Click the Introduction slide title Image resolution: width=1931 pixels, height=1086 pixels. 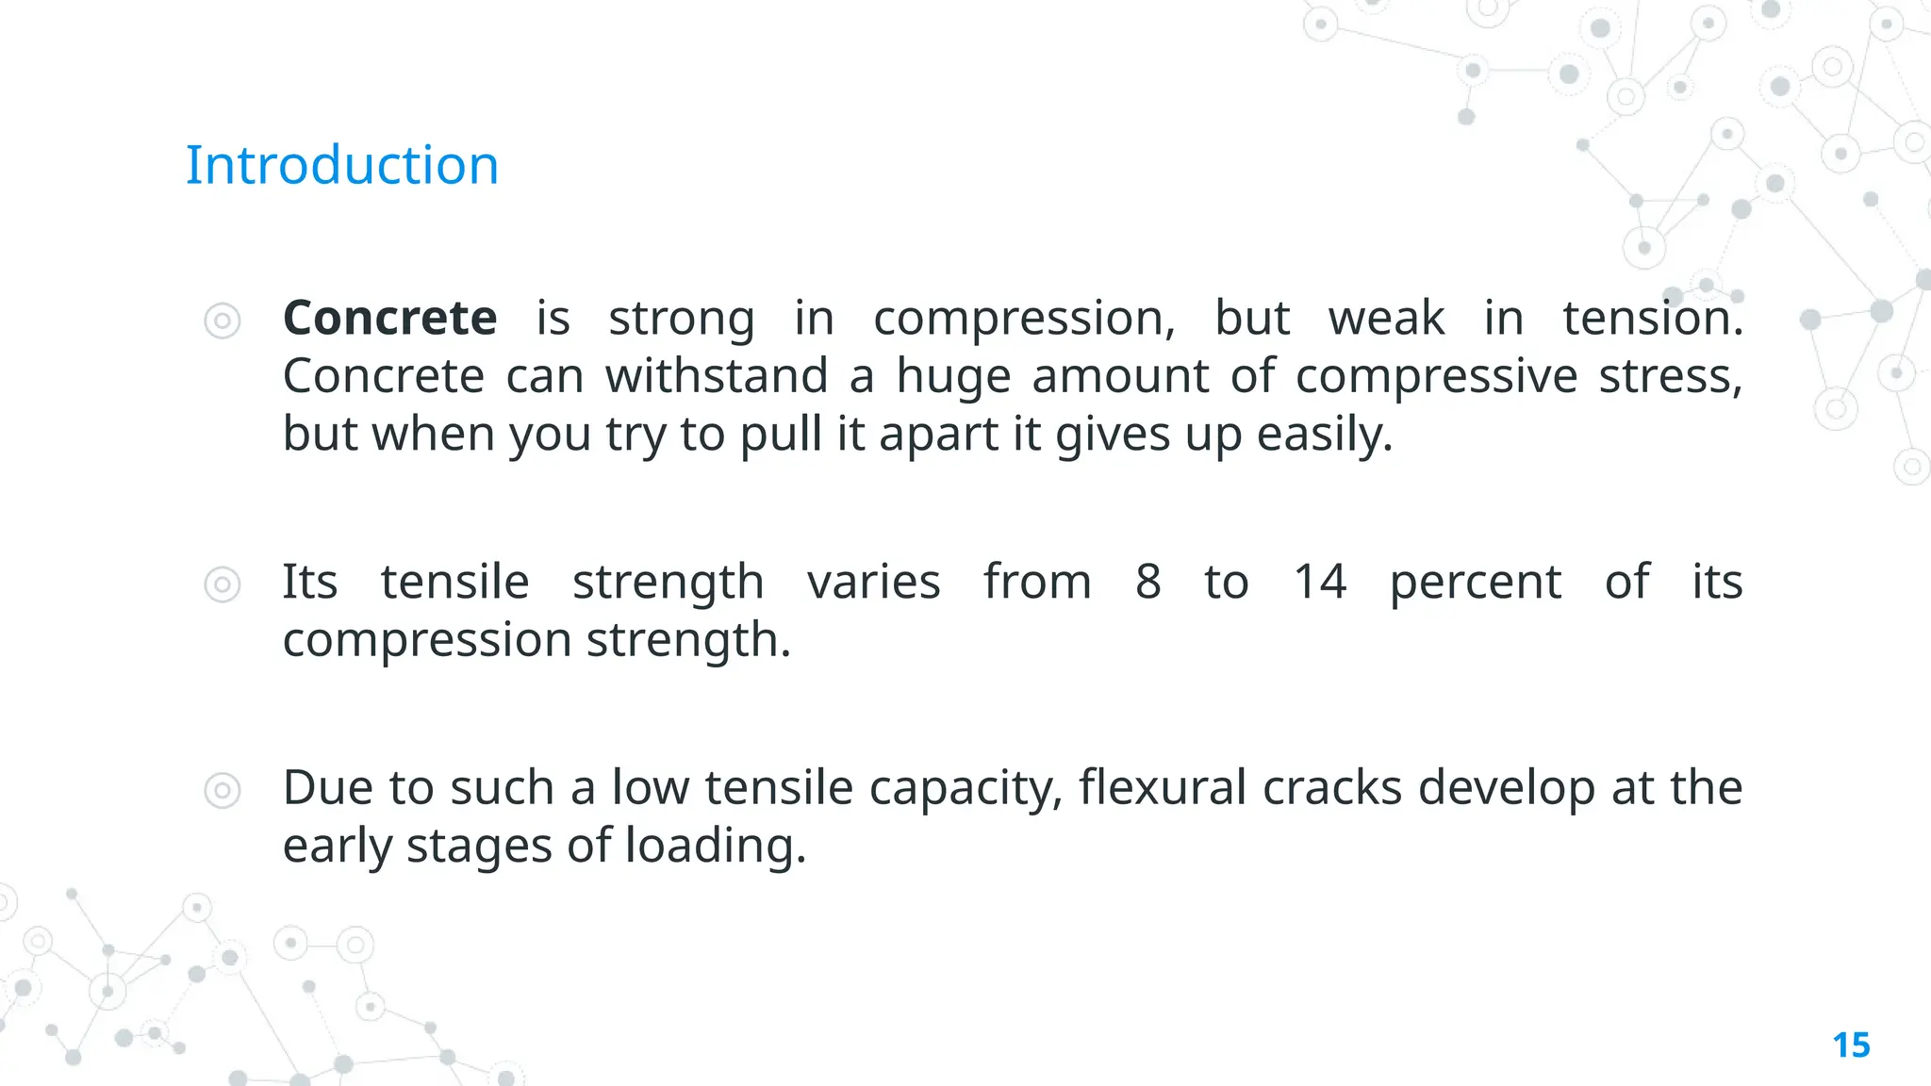[x=341, y=166]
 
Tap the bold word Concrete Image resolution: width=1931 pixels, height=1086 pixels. [x=389, y=318]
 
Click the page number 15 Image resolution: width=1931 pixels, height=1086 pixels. [x=1851, y=1045]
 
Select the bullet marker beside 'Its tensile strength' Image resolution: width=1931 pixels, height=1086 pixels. [x=223, y=584]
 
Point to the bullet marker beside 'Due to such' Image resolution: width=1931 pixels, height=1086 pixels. [x=223, y=790]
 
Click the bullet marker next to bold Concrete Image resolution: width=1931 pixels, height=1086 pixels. [x=223, y=321]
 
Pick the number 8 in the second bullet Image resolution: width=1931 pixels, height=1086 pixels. [x=1147, y=582]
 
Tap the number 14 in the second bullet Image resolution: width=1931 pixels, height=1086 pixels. [x=1319, y=582]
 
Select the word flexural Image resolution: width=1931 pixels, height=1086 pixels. [x=1162, y=787]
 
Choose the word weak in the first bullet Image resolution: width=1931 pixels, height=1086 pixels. [x=1386, y=318]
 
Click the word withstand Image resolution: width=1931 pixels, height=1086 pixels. [x=717, y=376]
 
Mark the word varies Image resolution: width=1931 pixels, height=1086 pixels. [x=873, y=582]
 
